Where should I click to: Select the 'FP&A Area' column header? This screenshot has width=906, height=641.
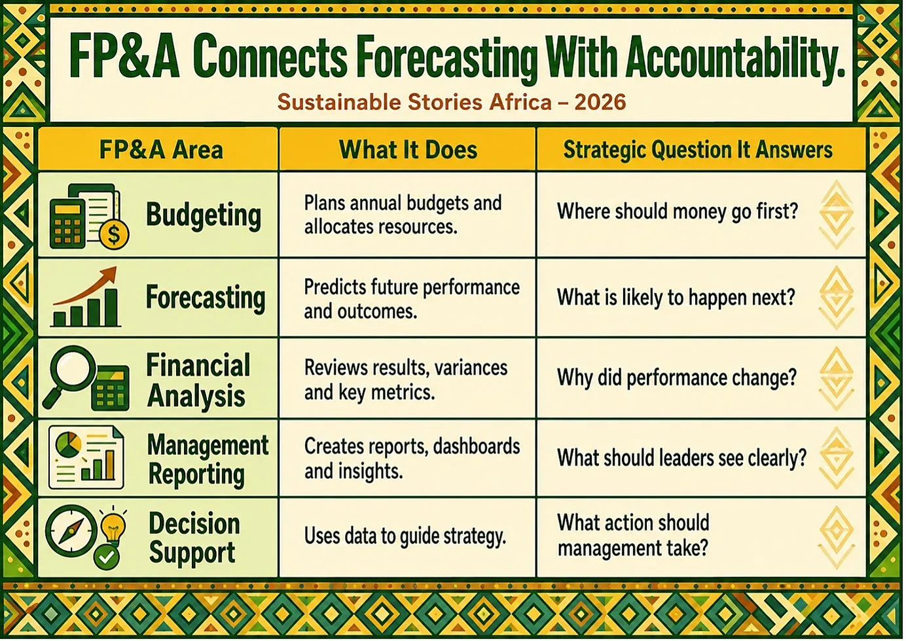[x=161, y=150]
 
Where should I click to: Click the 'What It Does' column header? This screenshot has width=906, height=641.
[x=408, y=150]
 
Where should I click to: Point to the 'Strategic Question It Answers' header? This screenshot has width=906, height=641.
[x=698, y=150]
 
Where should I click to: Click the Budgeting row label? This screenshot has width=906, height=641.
[x=204, y=215]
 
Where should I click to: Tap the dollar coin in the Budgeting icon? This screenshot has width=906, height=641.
[x=114, y=234]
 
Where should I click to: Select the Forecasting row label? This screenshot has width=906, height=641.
[x=206, y=298]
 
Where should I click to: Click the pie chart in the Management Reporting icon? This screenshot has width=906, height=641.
[x=68, y=444]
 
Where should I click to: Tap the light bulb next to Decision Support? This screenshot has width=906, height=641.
[x=113, y=525]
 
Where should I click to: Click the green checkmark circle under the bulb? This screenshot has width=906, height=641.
[x=106, y=558]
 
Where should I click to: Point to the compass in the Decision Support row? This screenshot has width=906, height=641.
[x=71, y=530]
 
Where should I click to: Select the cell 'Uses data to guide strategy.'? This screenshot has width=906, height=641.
[x=405, y=537]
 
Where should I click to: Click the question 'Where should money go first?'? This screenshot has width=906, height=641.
[x=678, y=211]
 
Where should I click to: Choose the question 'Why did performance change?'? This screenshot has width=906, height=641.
[x=677, y=377]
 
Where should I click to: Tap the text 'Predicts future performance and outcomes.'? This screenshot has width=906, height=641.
[x=412, y=299]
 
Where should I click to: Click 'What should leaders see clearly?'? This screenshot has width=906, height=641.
[x=682, y=457]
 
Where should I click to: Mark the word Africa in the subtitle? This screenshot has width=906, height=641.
[x=520, y=101]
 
